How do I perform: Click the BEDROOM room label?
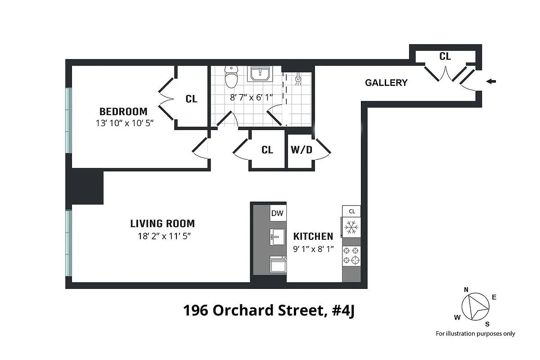pos(123,111)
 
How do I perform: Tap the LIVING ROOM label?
pos(162,223)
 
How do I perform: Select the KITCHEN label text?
pos(313,236)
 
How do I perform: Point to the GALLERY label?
pos(386,83)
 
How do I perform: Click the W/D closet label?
pos(301,150)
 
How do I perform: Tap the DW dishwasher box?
pos(277,213)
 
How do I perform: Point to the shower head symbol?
pos(298,79)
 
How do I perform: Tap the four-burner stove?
pos(351,256)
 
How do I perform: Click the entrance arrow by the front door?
pos(491,81)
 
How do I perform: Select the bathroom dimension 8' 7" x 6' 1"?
pos(252,96)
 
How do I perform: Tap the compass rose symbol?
pos(476,306)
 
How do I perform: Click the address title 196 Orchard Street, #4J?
pos(269,310)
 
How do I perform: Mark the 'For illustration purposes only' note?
pos(475,333)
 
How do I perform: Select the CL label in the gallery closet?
pos(445,56)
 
